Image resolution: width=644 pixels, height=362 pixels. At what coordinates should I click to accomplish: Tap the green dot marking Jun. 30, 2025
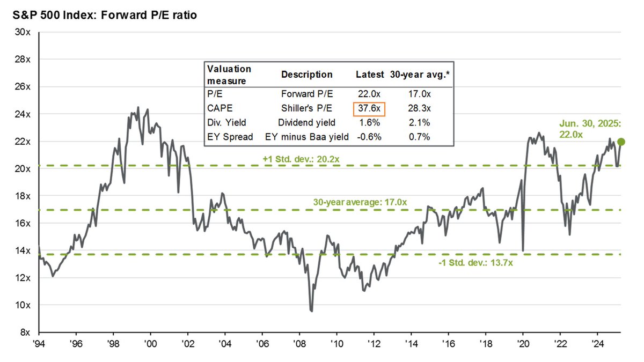(621, 142)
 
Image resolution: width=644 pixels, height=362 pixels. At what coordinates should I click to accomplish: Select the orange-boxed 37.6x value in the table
(370, 108)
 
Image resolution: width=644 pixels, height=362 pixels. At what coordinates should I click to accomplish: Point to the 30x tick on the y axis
(22, 32)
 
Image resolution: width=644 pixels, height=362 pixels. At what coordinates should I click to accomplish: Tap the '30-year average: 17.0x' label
(360, 202)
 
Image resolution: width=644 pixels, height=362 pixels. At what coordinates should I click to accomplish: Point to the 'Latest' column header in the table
(370, 75)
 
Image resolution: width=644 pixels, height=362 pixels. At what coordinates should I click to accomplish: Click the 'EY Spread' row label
(230, 137)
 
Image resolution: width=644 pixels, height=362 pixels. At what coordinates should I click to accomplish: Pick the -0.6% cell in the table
(370, 137)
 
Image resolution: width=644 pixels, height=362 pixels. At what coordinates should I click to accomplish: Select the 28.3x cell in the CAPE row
(419, 108)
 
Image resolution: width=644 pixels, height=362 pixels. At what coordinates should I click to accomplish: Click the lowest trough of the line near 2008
(311, 311)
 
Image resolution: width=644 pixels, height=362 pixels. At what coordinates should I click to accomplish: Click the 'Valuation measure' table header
(229, 75)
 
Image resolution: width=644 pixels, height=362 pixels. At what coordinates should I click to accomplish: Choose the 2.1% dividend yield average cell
(419, 123)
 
